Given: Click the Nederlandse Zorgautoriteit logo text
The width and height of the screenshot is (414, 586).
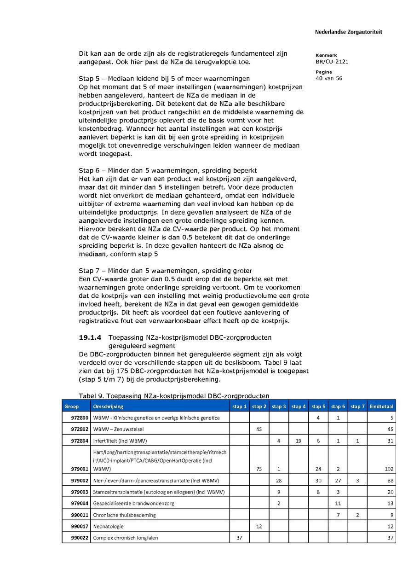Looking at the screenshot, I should point(348,32).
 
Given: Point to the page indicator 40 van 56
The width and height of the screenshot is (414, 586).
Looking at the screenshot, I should point(329,78).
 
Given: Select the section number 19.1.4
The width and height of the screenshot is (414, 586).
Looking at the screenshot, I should point(90,337).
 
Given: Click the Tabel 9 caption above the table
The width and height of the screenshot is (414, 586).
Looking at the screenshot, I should point(174,396).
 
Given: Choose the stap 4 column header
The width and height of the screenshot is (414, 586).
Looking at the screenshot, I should point(299,406).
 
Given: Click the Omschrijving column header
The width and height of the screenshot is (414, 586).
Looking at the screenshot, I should point(108,406).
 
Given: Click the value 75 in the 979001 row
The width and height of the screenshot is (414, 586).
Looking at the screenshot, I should point(259,469).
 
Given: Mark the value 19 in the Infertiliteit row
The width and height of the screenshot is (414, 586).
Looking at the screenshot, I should point(299,441).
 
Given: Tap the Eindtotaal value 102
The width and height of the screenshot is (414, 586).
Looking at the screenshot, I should point(389,469).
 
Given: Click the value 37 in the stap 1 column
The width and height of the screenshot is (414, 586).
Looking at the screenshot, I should point(239,538).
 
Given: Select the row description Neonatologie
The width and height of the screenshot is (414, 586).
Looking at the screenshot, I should point(109,526).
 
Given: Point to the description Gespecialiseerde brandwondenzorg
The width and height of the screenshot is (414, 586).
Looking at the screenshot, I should point(133,503).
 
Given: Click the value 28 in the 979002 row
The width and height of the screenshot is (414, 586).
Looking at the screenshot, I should point(279,481).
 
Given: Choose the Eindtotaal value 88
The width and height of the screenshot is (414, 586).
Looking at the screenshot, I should point(390,481).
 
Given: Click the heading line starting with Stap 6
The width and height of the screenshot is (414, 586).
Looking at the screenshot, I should point(164,170).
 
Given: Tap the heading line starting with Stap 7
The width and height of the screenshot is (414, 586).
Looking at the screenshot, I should point(165,271).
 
